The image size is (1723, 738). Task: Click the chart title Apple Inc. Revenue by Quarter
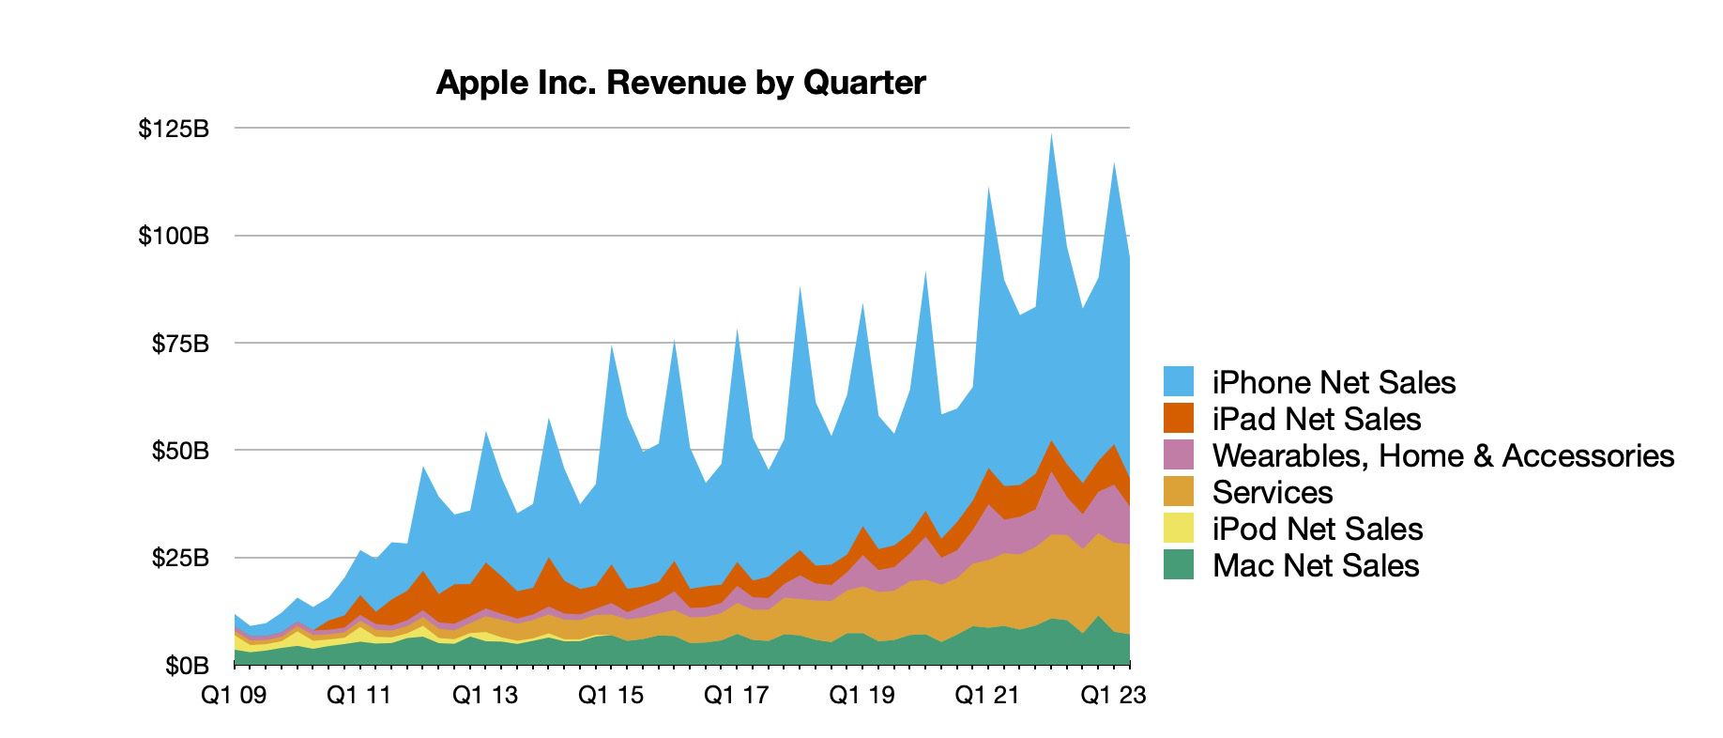pyautogui.click(x=680, y=83)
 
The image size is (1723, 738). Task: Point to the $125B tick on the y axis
pyautogui.click(x=174, y=129)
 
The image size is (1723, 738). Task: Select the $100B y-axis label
pyautogui.click(x=174, y=236)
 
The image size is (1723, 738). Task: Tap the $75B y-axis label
pyautogui.click(x=180, y=344)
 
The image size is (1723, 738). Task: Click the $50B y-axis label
pyautogui.click(x=180, y=451)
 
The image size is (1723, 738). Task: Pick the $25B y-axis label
pyautogui.click(x=180, y=559)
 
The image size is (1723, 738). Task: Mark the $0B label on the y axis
pyautogui.click(x=187, y=666)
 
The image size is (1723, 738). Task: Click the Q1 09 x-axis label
pyautogui.click(x=234, y=696)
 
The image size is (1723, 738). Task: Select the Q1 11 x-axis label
pyautogui.click(x=359, y=696)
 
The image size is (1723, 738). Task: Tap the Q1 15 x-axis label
pyautogui.click(x=611, y=696)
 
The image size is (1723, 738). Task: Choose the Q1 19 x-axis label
pyautogui.click(x=862, y=696)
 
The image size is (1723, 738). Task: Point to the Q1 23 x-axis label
pyautogui.click(x=1114, y=696)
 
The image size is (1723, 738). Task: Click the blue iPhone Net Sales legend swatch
pyautogui.click(x=1179, y=381)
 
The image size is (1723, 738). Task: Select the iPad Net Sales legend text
pyautogui.click(x=1316, y=419)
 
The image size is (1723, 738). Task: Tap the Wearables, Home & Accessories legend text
pyautogui.click(x=1442, y=455)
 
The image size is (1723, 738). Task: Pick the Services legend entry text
pyautogui.click(x=1272, y=492)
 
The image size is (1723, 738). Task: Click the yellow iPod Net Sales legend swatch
pyautogui.click(x=1179, y=529)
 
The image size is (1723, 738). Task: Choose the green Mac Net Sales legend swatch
pyautogui.click(x=1179, y=565)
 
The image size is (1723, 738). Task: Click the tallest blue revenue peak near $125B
pyautogui.click(x=1051, y=141)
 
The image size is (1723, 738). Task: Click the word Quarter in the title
pyautogui.click(x=863, y=83)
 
